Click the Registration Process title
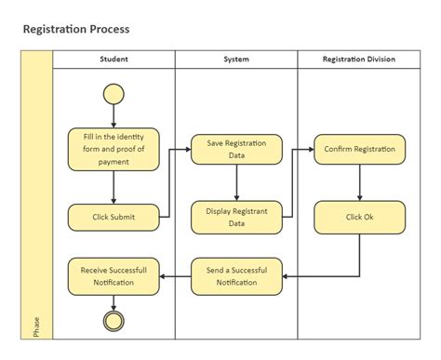[76, 29]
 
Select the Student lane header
[114, 60]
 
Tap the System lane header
[236, 60]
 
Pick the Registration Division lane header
[358, 60]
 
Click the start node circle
[114, 93]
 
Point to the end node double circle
[114, 322]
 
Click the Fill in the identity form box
[114, 149]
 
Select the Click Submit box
[114, 217]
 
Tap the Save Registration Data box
[236, 149]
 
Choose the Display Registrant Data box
[236, 217]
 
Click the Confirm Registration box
[359, 149]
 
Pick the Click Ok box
[359, 217]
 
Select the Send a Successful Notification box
[236, 275]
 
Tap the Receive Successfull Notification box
[114, 275]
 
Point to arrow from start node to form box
[114, 115]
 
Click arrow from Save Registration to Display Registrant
[236, 183]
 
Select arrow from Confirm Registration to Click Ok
[359, 183]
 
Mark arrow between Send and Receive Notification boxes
[175, 275]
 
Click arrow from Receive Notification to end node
[114, 301]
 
